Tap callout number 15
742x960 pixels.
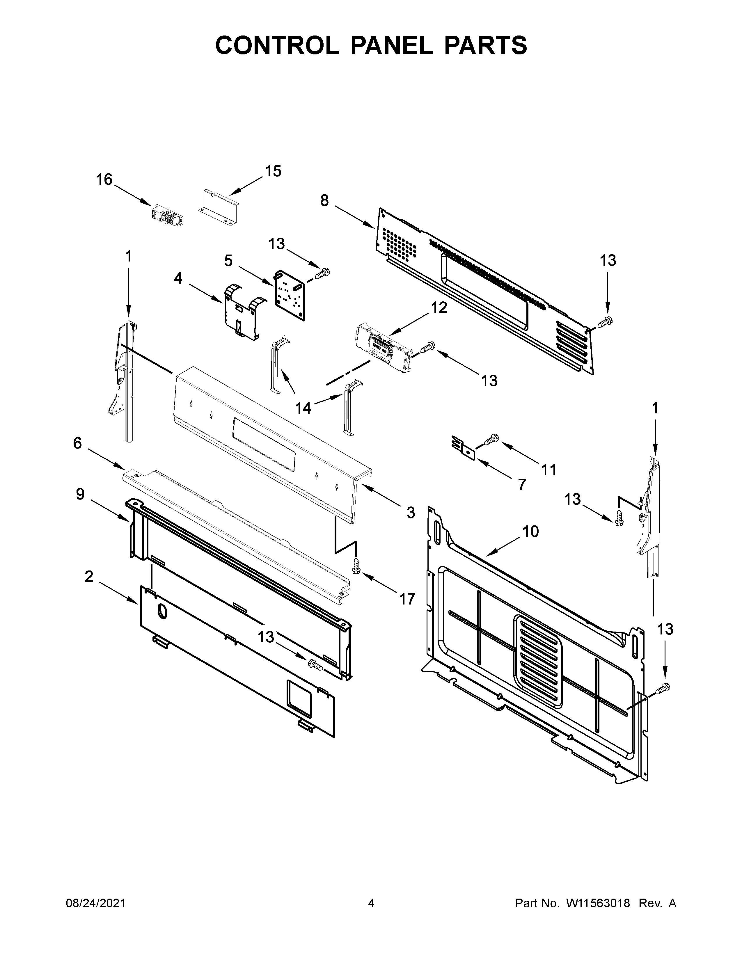pos(273,171)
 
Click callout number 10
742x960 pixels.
pos(530,531)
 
